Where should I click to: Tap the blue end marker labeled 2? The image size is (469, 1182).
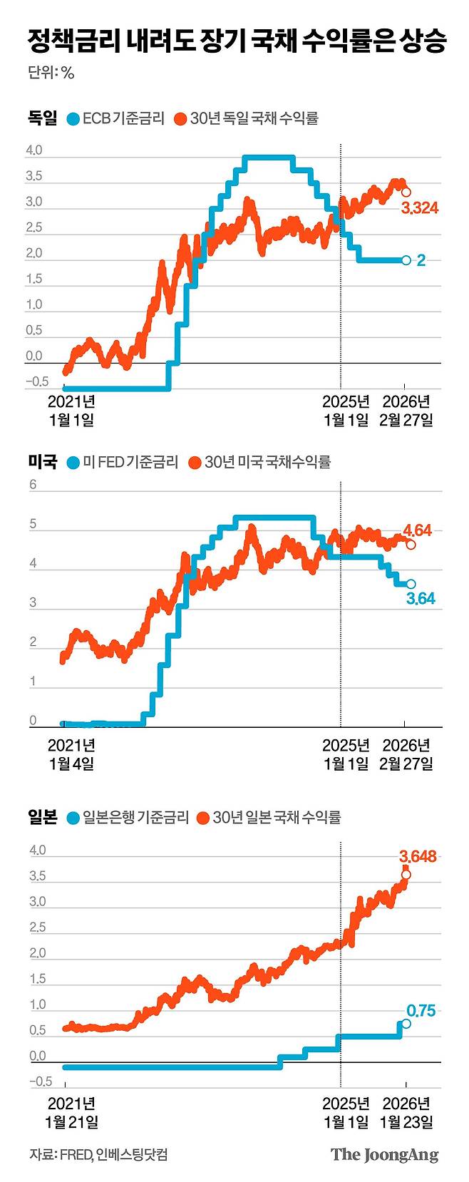click(x=406, y=260)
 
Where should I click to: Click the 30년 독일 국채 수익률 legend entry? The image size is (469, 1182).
click(x=246, y=118)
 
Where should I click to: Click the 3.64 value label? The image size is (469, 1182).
click(x=421, y=600)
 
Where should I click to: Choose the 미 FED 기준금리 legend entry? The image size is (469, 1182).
click(x=122, y=462)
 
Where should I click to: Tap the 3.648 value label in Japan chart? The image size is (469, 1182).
click(x=418, y=856)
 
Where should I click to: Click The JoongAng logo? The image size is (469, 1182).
click(x=384, y=1155)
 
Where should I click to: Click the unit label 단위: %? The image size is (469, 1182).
click(x=51, y=72)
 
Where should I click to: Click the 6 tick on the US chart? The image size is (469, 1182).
click(x=32, y=485)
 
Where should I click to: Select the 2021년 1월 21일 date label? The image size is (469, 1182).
click(x=72, y=1113)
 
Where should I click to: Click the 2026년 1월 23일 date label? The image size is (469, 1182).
click(x=406, y=1113)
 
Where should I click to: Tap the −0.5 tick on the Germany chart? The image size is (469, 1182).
click(x=37, y=382)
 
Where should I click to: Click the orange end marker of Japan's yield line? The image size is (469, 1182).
click(x=406, y=875)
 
